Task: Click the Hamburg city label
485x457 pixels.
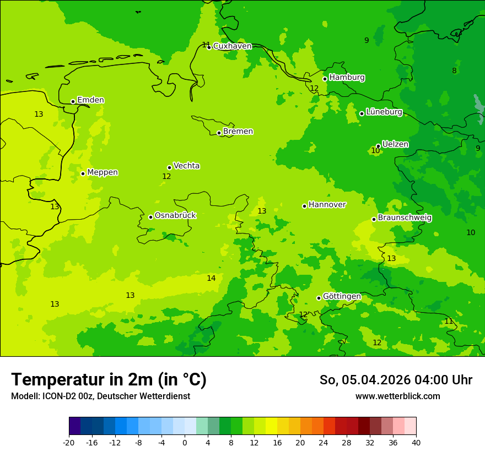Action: click(x=347, y=78)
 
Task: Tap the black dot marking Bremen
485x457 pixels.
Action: click(x=219, y=133)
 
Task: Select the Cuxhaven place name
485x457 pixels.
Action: click(x=232, y=46)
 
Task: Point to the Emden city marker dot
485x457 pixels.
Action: click(x=73, y=101)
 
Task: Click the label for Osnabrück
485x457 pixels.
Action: click(x=175, y=215)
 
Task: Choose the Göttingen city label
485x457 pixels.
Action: click(x=342, y=296)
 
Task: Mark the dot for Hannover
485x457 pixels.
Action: click(x=304, y=206)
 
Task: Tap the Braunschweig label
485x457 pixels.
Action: click(x=405, y=217)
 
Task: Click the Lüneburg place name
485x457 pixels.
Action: click(x=384, y=112)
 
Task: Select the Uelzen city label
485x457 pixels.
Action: click(x=395, y=144)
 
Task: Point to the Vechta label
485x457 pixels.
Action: click(x=186, y=166)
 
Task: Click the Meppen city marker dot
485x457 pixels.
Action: click(x=83, y=173)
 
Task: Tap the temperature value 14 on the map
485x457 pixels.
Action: click(x=211, y=278)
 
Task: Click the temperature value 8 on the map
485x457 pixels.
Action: click(x=454, y=70)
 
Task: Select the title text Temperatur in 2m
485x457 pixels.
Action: click(x=109, y=379)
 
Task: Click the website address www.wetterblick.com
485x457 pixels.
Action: click(x=397, y=396)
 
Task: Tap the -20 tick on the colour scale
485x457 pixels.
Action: click(x=69, y=443)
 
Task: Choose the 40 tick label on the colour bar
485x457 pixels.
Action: click(x=416, y=443)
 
